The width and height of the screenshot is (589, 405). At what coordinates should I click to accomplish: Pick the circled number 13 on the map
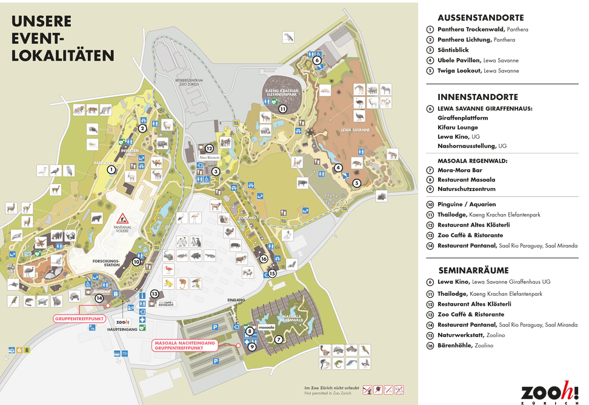pyautogui.click(x=155, y=293)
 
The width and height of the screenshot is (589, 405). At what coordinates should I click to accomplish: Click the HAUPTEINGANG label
pyautogui.click(x=120, y=331)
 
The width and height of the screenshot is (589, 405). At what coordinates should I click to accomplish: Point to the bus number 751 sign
pyautogui.click(x=124, y=353)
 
